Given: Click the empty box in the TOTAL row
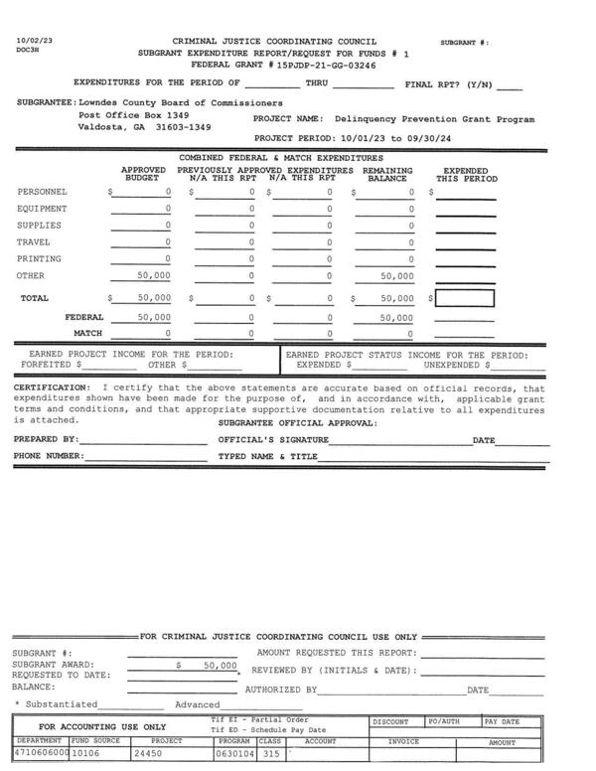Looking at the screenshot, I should (x=464, y=298).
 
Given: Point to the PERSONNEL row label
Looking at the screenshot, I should (x=44, y=192).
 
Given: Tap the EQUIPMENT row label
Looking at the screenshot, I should (x=44, y=209).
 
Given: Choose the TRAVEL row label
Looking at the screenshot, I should (x=37, y=242).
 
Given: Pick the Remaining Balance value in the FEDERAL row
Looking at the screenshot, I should (x=396, y=318).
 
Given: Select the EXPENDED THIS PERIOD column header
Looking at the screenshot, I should (x=466, y=175).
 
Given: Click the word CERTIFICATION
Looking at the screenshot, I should (x=51, y=387).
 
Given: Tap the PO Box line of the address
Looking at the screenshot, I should (x=133, y=115).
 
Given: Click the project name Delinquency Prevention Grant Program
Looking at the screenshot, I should (x=434, y=119).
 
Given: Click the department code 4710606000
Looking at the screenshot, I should (x=41, y=753).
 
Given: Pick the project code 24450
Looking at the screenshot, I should (x=150, y=753).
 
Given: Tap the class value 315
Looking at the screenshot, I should (x=269, y=753).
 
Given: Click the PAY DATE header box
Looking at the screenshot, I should (x=503, y=722).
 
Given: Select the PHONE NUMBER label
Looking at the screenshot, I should (x=49, y=457).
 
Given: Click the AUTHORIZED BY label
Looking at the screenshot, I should (x=281, y=689).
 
